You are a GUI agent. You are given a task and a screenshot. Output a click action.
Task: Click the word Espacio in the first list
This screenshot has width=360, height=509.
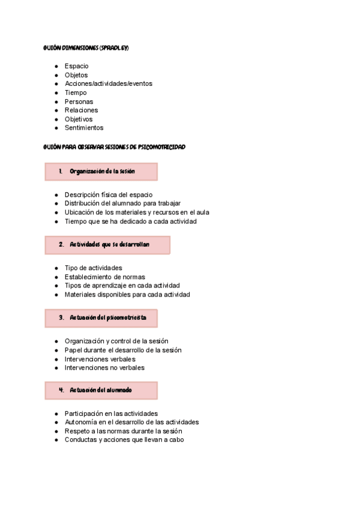[77, 66]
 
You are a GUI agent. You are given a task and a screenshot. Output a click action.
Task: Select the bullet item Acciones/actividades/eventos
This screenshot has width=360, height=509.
[108, 83]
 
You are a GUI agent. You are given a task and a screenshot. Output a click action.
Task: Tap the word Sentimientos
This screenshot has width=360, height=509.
[84, 127]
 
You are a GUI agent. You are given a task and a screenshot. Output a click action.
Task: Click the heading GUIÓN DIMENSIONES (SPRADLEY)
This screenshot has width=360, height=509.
[86, 47]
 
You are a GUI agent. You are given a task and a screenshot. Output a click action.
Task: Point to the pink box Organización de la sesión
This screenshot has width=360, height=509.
[101, 172]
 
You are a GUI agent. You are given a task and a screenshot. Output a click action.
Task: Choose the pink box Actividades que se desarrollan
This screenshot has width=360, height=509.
[107, 245]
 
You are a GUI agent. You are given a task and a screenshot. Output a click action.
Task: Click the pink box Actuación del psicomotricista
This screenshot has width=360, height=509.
[101, 318]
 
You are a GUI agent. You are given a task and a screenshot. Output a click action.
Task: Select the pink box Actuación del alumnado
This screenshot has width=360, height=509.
[101, 390]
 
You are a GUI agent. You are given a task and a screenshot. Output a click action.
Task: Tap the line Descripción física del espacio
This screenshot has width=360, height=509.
[109, 194]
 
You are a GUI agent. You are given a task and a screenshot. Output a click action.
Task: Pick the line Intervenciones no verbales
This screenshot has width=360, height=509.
[104, 367]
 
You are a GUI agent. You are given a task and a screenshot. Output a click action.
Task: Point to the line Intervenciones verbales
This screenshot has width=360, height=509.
[100, 359]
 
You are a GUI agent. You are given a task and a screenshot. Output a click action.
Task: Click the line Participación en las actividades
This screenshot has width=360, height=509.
[111, 413]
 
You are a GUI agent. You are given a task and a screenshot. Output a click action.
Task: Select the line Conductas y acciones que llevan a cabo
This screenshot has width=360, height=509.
[124, 439]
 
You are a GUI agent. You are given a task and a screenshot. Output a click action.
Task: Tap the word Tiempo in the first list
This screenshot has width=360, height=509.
[76, 92]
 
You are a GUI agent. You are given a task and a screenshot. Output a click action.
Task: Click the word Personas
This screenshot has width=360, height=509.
[79, 101]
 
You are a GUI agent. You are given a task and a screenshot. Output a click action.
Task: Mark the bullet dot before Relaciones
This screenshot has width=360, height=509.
[56, 110]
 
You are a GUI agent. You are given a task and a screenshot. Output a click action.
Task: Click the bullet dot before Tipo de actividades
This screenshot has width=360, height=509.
[56, 268]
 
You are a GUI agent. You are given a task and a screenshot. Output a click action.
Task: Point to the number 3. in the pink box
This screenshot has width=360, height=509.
[61, 318]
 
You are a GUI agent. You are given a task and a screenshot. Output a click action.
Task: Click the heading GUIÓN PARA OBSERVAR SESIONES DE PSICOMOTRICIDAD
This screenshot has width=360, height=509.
[115, 146]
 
